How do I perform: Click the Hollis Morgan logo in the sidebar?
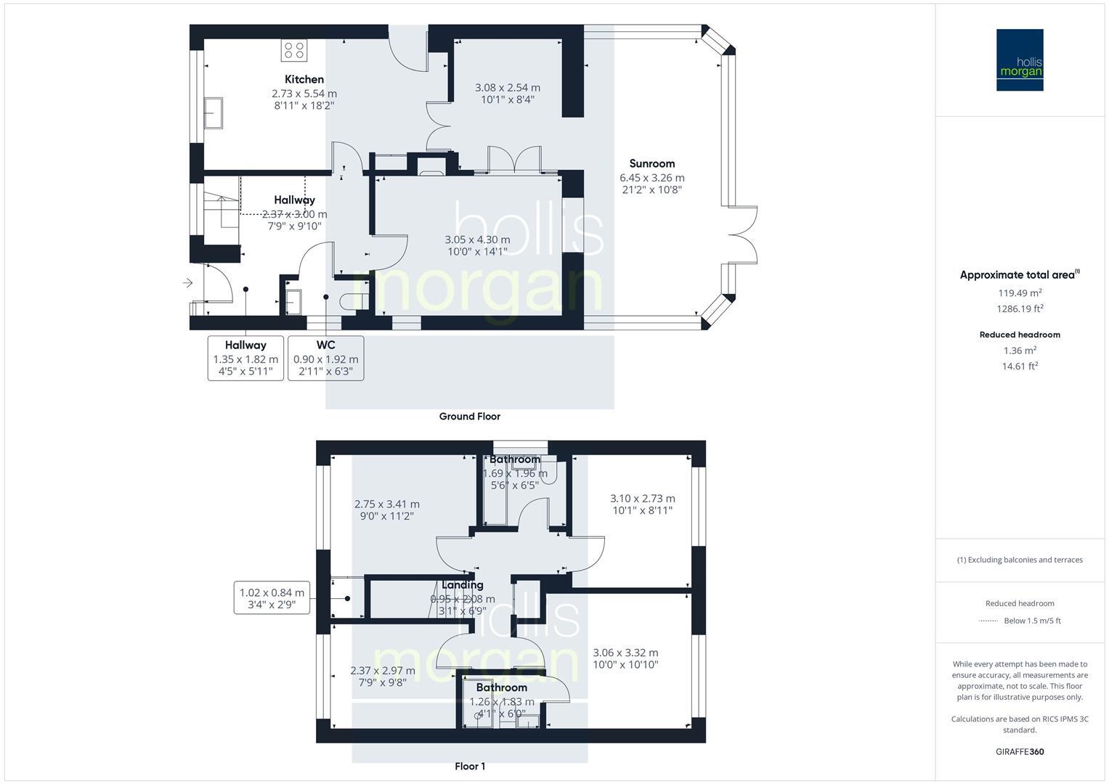(1020, 60)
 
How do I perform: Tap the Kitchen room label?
(304, 79)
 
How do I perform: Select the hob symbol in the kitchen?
(294, 50)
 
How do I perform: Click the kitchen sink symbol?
(213, 113)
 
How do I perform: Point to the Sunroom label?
(651, 163)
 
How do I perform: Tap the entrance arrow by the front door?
(187, 283)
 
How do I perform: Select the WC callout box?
(326, 358)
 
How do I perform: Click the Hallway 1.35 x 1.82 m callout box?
(245, 358)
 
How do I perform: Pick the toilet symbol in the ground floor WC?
(354, 298)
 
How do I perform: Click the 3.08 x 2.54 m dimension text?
(507, 88)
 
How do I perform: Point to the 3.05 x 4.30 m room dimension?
(477, 240)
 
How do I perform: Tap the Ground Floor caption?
(469, 417)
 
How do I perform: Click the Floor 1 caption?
(469, 766)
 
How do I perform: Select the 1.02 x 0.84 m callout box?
(272, 598)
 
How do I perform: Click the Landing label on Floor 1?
(463, 584)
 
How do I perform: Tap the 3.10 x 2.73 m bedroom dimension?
(642, 499)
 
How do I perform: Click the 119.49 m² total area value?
(1020, 293)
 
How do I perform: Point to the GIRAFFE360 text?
(1020, 752)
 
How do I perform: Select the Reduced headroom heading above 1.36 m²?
(1020, 335)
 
